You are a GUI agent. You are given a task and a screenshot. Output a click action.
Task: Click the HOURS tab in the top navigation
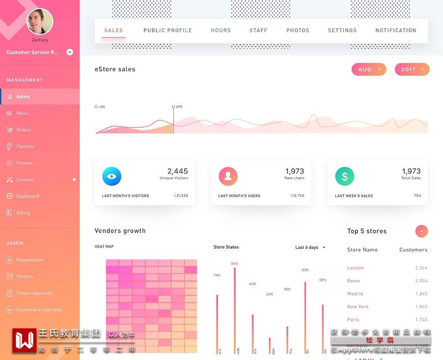coord(221,30)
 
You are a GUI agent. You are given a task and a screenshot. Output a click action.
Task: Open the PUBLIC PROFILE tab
coord(167,30)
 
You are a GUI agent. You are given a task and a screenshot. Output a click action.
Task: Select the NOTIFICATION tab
coord(396,30)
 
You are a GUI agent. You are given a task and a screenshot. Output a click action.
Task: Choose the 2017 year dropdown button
coord(412,69)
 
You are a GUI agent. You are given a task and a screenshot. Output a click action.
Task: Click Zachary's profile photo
coord(39,21)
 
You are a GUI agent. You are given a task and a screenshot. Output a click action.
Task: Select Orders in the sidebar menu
coord(24,130)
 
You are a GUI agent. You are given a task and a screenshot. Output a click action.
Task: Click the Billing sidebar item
coord(23,213)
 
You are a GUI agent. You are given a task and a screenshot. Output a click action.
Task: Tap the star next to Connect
coord(74,180)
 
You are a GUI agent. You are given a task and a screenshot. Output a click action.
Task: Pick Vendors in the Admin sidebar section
coord(25,276)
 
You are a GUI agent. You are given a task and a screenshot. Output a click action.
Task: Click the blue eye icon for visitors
coord(112,176)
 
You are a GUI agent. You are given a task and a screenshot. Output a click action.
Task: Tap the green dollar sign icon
coord(345,176)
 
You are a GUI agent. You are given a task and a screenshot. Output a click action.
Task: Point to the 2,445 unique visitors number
coord(177,171)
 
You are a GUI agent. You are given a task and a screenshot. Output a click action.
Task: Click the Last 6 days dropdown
coord(310,247)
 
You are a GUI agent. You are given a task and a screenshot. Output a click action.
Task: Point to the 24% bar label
coord(269,294)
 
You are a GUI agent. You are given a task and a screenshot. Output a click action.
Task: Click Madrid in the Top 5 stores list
coord(355,294)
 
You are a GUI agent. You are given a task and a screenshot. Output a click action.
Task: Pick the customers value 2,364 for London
coord(421,268)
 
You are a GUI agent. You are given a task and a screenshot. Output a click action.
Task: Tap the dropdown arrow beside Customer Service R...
coord(70,52)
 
